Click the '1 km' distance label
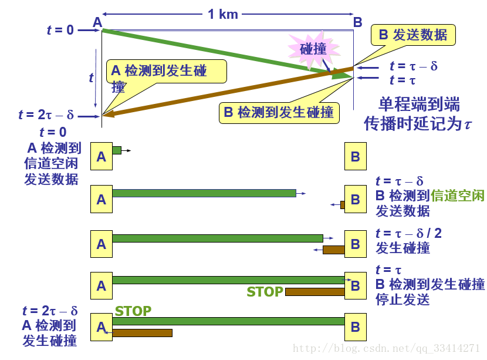click(223, 14)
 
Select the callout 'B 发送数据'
click(412, 35)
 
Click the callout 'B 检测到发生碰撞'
click(279, 112)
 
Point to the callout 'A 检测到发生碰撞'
click(166, 73)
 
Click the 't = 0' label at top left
click(60, 29)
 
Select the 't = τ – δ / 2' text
click(408, 233)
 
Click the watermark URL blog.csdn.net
click(387, 348)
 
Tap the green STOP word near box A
click(133, 311)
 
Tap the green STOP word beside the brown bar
click(265, 292)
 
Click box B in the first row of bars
click(355, 156)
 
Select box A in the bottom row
click(101, 327)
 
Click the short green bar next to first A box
click(116, 150)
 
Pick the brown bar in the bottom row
click(142, 333)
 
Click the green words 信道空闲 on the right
click(458, 196)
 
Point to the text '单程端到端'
click(418, 106)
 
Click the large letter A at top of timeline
click(97, 22)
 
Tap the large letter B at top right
click(357, 22)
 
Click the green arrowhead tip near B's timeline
click(346, 75)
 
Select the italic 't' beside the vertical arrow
click(91, 77)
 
